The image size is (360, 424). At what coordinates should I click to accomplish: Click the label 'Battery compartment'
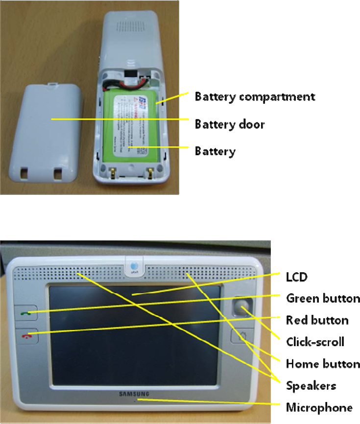click(255, 96)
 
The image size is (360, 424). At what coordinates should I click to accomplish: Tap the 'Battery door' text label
click(230, 124)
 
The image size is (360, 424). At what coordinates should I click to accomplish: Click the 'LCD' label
click(296, 277)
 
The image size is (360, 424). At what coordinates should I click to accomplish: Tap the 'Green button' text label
click(323, 298)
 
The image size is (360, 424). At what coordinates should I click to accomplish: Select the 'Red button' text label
click(317, 320)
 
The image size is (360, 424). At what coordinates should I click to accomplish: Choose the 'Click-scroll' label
click(315, 342)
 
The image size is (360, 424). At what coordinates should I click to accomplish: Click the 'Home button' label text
click(323, 364)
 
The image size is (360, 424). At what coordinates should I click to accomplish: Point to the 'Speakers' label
click(311, 386)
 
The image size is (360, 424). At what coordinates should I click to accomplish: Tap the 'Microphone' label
click(319, 407)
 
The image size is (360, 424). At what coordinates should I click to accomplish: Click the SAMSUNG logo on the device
click(134, 394)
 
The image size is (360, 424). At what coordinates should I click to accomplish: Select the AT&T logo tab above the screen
click(134, 266)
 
